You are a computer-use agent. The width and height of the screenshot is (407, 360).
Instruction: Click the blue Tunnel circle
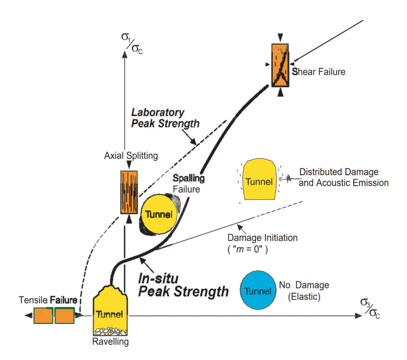258,290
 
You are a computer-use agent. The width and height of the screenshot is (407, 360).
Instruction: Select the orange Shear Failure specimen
280,65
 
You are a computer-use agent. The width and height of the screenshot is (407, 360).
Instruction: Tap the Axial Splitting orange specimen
129,192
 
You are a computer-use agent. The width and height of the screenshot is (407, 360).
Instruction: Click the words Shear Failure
318,72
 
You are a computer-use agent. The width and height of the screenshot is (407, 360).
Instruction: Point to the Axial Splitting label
131,156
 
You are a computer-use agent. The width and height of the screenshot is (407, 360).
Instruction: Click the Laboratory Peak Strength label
165,118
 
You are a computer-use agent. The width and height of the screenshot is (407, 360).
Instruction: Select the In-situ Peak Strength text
183,286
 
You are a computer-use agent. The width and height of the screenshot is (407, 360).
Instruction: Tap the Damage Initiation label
262,238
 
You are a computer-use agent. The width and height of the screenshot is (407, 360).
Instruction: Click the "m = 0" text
247,249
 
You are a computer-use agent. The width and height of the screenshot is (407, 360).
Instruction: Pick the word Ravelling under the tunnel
110,342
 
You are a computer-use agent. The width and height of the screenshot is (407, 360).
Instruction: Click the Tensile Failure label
48,300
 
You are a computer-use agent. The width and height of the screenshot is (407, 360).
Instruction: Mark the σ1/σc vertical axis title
132,44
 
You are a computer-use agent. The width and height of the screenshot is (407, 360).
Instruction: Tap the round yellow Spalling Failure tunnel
159,214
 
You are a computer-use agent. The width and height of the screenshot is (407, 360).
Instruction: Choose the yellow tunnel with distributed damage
259,180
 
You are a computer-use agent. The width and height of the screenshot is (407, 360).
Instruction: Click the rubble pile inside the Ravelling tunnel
110,331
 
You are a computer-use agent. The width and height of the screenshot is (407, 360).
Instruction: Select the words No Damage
304,285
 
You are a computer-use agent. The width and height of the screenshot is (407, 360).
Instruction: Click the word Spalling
189,178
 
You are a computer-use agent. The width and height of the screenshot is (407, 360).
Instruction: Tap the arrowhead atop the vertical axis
125,54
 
